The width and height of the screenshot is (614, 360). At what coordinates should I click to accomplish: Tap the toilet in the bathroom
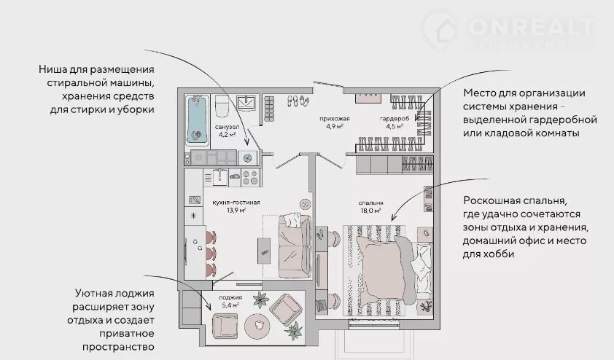coord(222,106)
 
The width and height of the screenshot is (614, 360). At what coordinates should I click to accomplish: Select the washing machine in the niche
coord(247,157)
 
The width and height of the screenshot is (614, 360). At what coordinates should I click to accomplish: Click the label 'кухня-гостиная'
coord(236,203)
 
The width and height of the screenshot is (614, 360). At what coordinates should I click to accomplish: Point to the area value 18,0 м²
coord(371,211)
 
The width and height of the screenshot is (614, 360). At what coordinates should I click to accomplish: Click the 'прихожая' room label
coord(335,119)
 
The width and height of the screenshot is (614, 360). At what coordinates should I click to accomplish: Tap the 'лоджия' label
coord(230,297)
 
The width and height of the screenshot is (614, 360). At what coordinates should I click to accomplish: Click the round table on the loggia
coord(257,325)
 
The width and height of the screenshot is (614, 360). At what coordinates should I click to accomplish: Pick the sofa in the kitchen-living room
coord(295,246)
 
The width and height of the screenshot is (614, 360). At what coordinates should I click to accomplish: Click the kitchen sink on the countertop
coord(220,177)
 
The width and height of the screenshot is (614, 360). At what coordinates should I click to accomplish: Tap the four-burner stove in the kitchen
coord(251,177)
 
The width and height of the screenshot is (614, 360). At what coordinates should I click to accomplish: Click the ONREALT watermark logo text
coord(531,27)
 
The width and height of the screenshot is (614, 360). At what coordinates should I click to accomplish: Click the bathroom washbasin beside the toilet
coord(246,103)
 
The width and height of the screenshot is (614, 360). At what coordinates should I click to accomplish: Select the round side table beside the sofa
coord(306,204)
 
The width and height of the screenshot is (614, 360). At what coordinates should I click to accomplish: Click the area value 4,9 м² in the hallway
coord(335,126)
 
